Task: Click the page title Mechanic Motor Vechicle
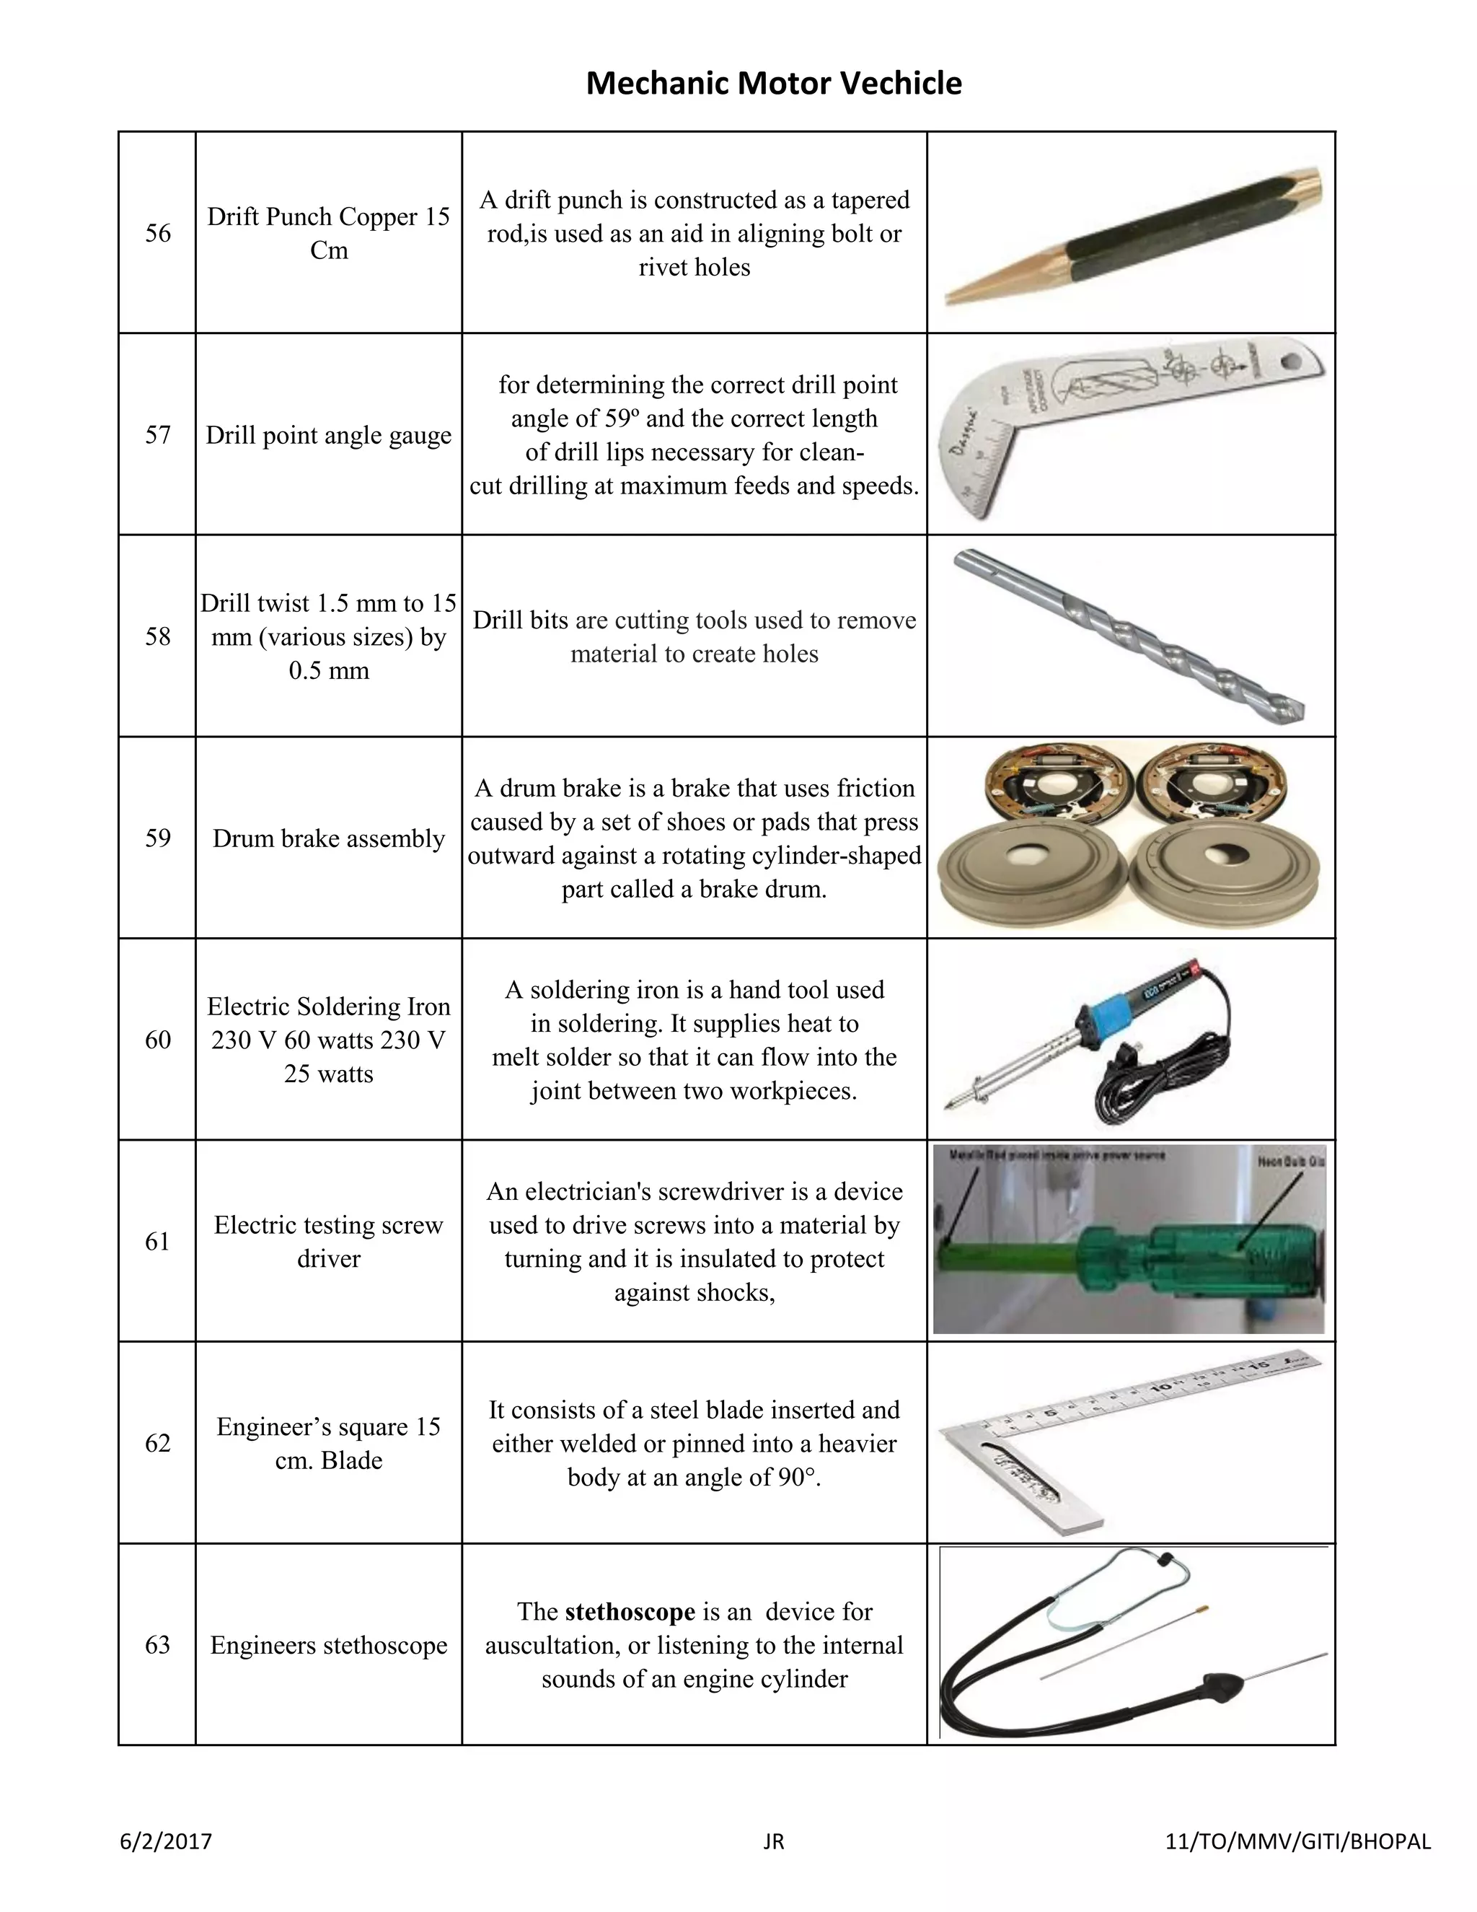pyautogui.click(x=774, y=83)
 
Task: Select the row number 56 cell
pyautogui.click(x=157, y=233)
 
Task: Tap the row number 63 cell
pyautogui.click(x=157, y=1645)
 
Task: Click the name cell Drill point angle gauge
pyautogui.click(x=328, y=435)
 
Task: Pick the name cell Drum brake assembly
pyautogui.click(x=328, y=838)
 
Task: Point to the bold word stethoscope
pyautogui.click(x=630, y=1612)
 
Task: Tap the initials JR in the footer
pyautogui.click(x=774, y=1842)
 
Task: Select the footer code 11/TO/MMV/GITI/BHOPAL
pyautogui.click(x=1297, y=1842)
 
